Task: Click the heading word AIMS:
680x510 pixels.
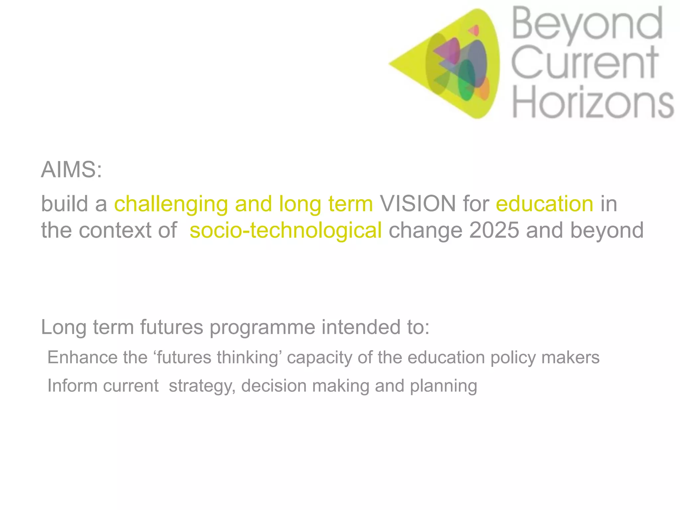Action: click(71, 170)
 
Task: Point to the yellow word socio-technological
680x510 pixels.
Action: click(286, 230)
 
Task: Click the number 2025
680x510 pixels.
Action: click(494, 230)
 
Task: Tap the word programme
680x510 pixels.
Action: click(262, 327)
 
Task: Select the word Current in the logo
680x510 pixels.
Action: click(584, 62)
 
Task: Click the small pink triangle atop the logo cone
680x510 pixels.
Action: click(474, 31)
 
